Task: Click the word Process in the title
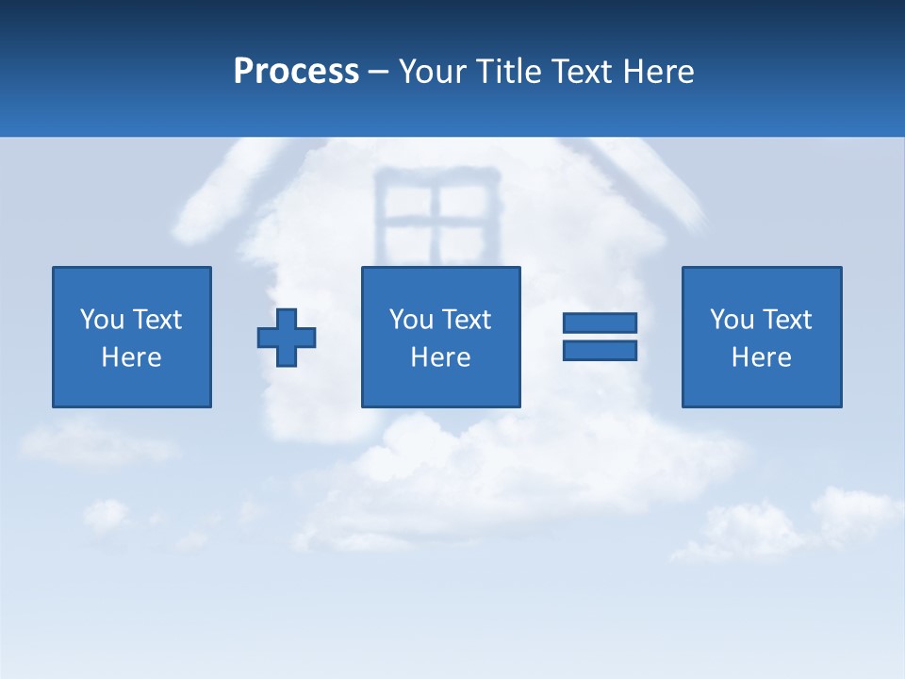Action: tap(296, 72)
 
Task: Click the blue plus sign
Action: tap(287, 338)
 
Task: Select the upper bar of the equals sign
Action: tap(600, 323)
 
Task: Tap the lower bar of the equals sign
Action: tap(600, 350)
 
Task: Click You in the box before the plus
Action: tap(101, 320)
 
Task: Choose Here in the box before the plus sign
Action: tap(131, 357)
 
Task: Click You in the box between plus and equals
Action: tap(410, 320)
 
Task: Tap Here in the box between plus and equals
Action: tap(440, 357)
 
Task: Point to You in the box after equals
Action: tap(731, 320)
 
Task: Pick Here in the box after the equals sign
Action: tap(761, 357)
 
